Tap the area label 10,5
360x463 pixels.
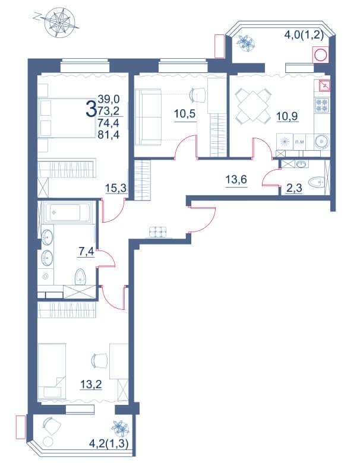(x=185, y=113)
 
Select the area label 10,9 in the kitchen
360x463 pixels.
(x=287, y=116)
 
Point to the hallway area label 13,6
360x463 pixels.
(x=236, y=179)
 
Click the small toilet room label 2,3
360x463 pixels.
(x=295, y=188)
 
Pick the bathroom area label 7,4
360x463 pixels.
(x=86, y=252)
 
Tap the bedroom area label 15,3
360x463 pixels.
(x=116, y=188)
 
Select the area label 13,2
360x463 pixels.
(x=91, y=385)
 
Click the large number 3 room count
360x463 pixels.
(x=91, y=109)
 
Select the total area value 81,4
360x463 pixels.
(x=109, y=135)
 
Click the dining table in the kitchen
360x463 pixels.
(x=253, y=106)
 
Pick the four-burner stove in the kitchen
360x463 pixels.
(x=321, y=105)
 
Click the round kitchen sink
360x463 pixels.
(x=321, y=141)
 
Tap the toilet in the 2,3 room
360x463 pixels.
(x=316, y=182)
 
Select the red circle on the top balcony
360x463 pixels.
(x=320, y=55)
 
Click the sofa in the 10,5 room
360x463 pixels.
(x=148, y=118)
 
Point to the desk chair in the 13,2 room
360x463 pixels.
(x=99, y=360)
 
